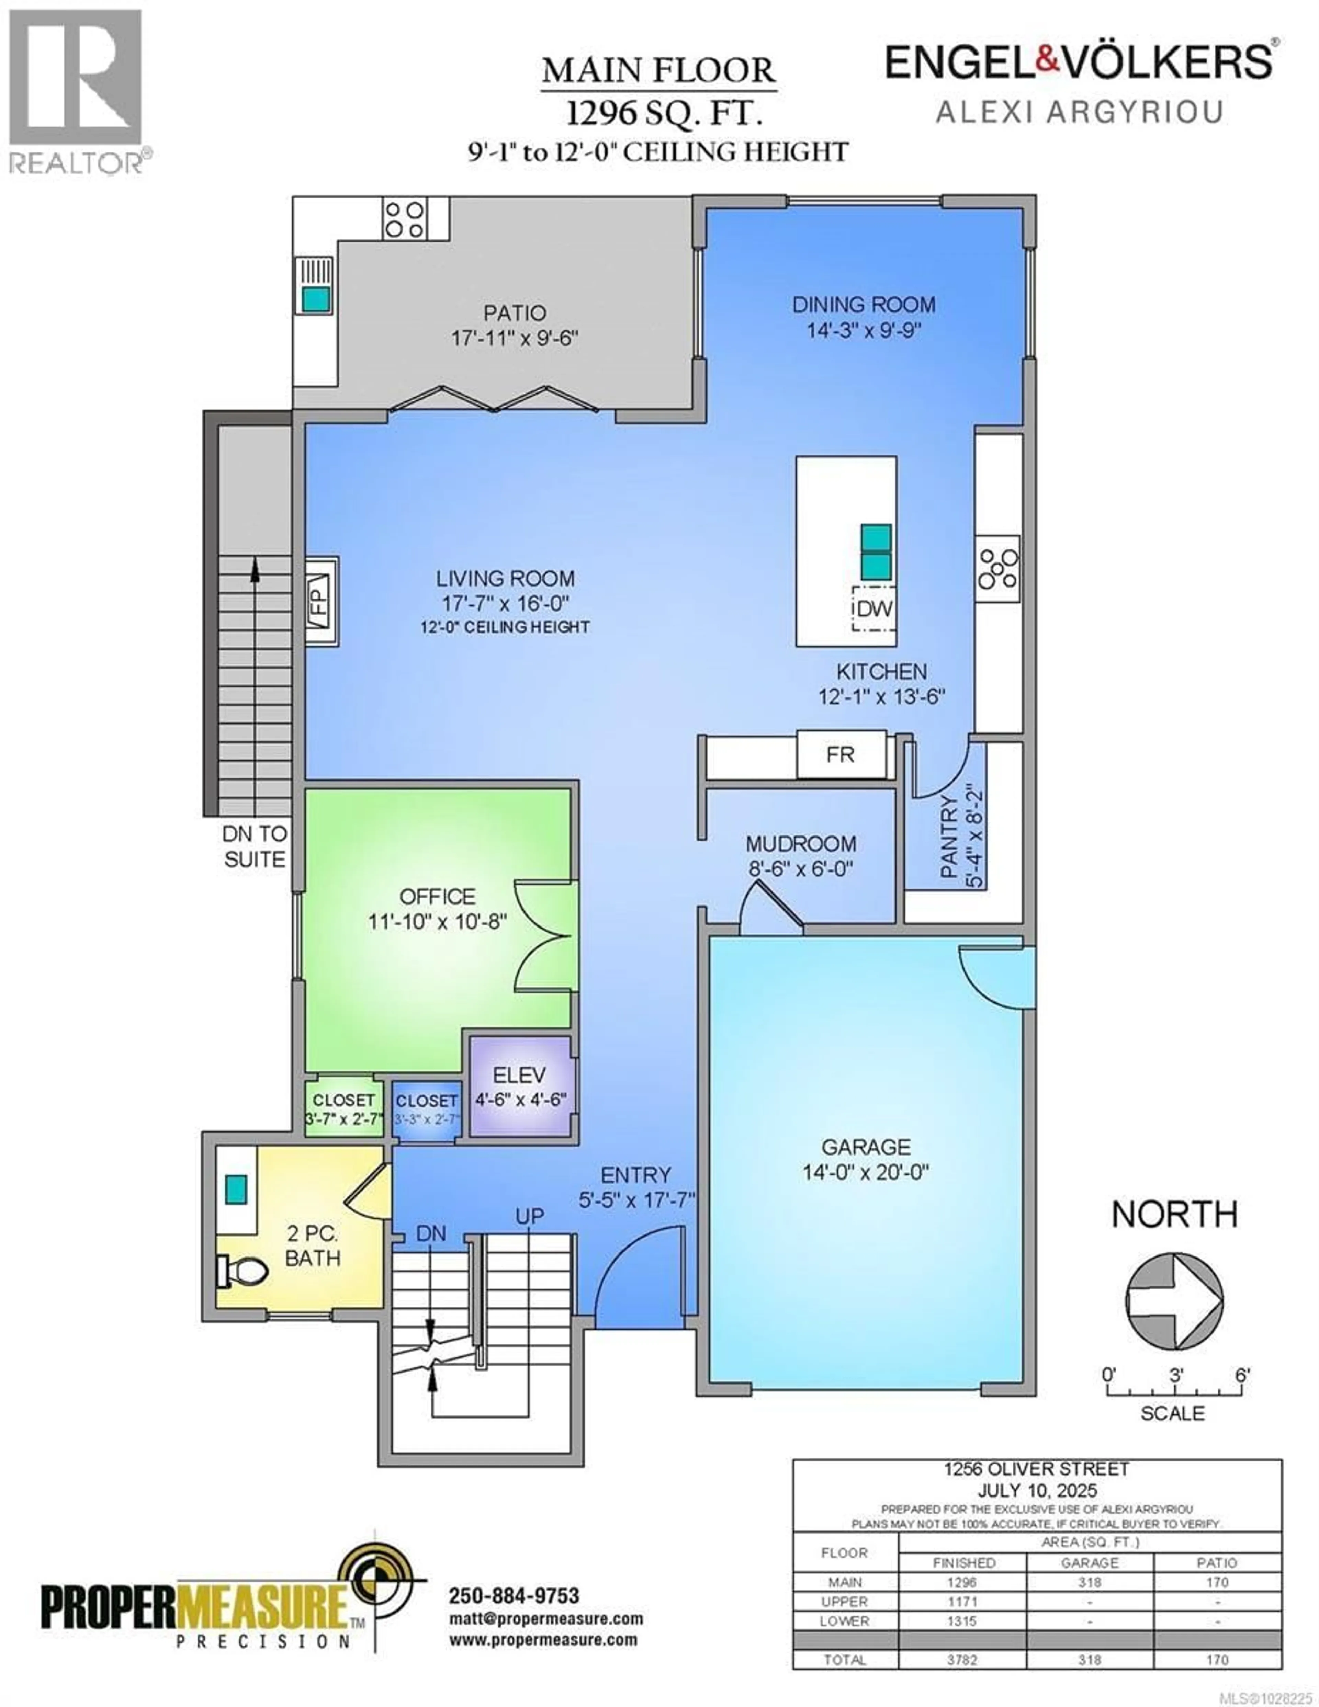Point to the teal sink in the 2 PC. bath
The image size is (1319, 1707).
[x=235, y=1189]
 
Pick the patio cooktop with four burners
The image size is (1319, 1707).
[x=404, y=219]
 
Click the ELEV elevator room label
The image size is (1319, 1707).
[x=519, y=1075]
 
